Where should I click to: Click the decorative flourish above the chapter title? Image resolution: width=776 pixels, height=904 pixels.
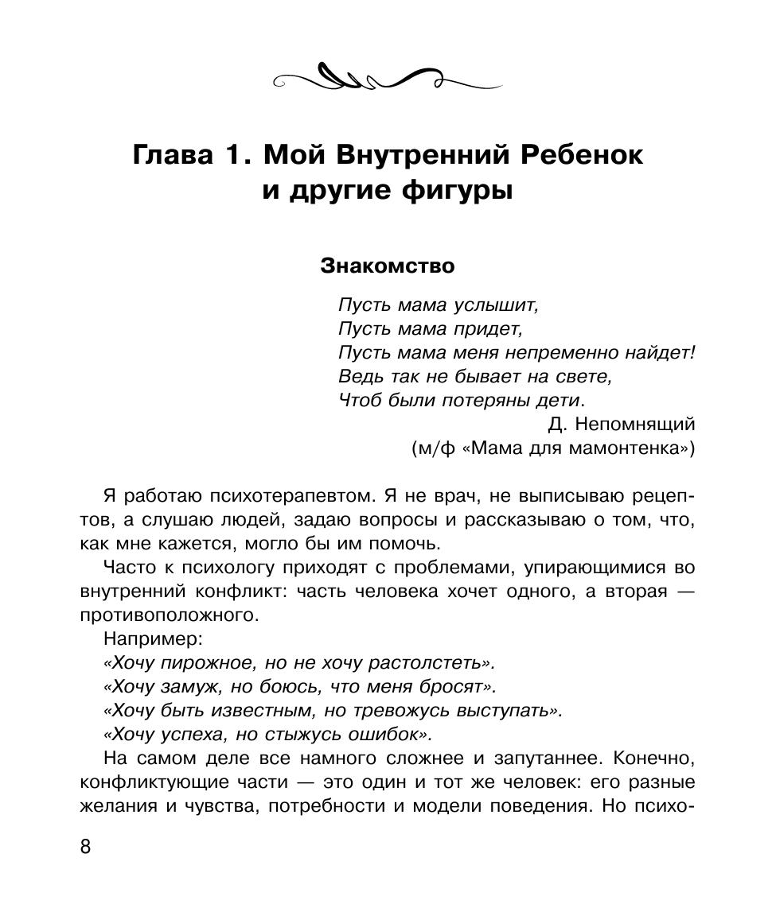[387, 77]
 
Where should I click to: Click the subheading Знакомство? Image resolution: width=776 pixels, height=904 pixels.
[387, 266]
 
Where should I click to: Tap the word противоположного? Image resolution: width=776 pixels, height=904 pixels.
[170, 615]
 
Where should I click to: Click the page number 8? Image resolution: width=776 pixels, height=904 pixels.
[86, 847]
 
